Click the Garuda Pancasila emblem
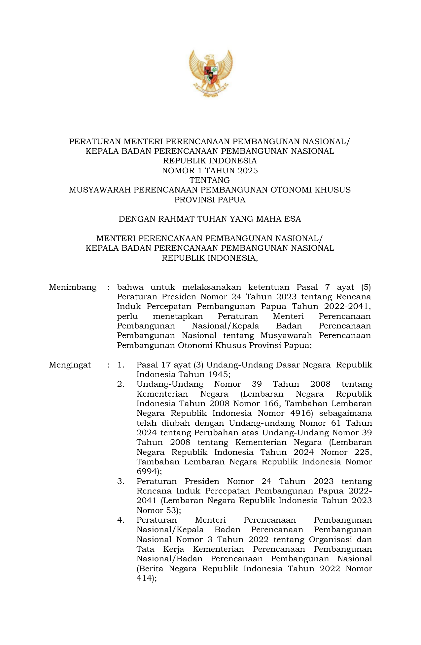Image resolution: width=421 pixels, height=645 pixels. pyautogui.click(x=210, y=73)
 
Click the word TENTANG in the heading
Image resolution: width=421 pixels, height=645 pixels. pyautogui.click(x=210, y=180)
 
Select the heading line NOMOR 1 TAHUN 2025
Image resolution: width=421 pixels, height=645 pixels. pyautogui.click(x=210, y=171)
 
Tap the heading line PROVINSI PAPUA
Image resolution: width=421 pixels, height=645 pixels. pyautogui.click(x=210, y=200)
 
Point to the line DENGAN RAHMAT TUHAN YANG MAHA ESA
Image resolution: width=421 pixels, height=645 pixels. pyautogui.click(x=210, y=219)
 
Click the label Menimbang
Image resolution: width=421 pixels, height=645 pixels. pyautogui.click(x=73, y=287)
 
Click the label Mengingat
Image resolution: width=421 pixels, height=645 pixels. pyautogui.click(x=70, y=365)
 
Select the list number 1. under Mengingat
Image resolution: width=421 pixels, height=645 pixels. pyautogui.click(x=121, y=365)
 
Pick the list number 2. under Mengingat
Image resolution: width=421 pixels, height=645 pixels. pyautogui.click(x=121, y=384)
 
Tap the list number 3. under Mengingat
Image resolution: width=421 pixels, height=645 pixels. pyautogui.click(x=121, y=481)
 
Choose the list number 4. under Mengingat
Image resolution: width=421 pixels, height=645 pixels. pyautogui.click(x=121, y=520)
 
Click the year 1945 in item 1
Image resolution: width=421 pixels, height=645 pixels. pyautogui.click(x=218, y=374)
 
